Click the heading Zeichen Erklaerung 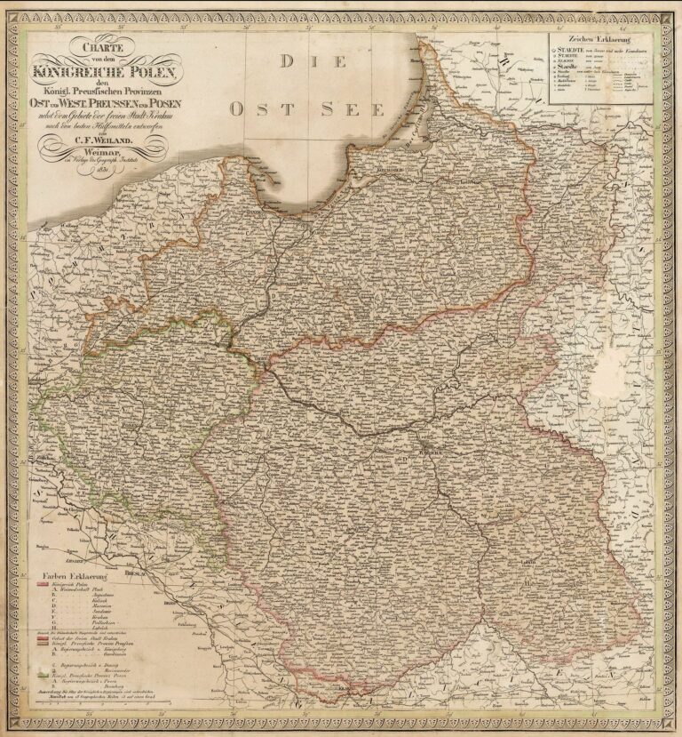click(x=598, y=39)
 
